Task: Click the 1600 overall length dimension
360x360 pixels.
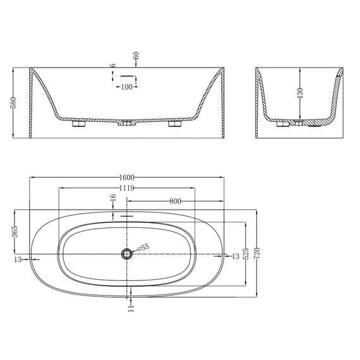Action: tap(127, 177)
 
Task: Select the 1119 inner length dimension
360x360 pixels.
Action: tap(127, 188)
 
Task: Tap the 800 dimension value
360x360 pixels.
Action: tap(175, 201)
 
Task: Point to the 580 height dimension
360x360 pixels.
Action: tap(14, 102)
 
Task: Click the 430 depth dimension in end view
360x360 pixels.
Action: tap(300, 93)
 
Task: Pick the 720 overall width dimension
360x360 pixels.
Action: tap(257, 253)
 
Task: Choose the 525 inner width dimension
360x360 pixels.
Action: tap(246, 253)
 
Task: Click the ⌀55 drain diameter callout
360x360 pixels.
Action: tap(143, 248)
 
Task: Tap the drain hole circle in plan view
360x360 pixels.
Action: tap(126, 254)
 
